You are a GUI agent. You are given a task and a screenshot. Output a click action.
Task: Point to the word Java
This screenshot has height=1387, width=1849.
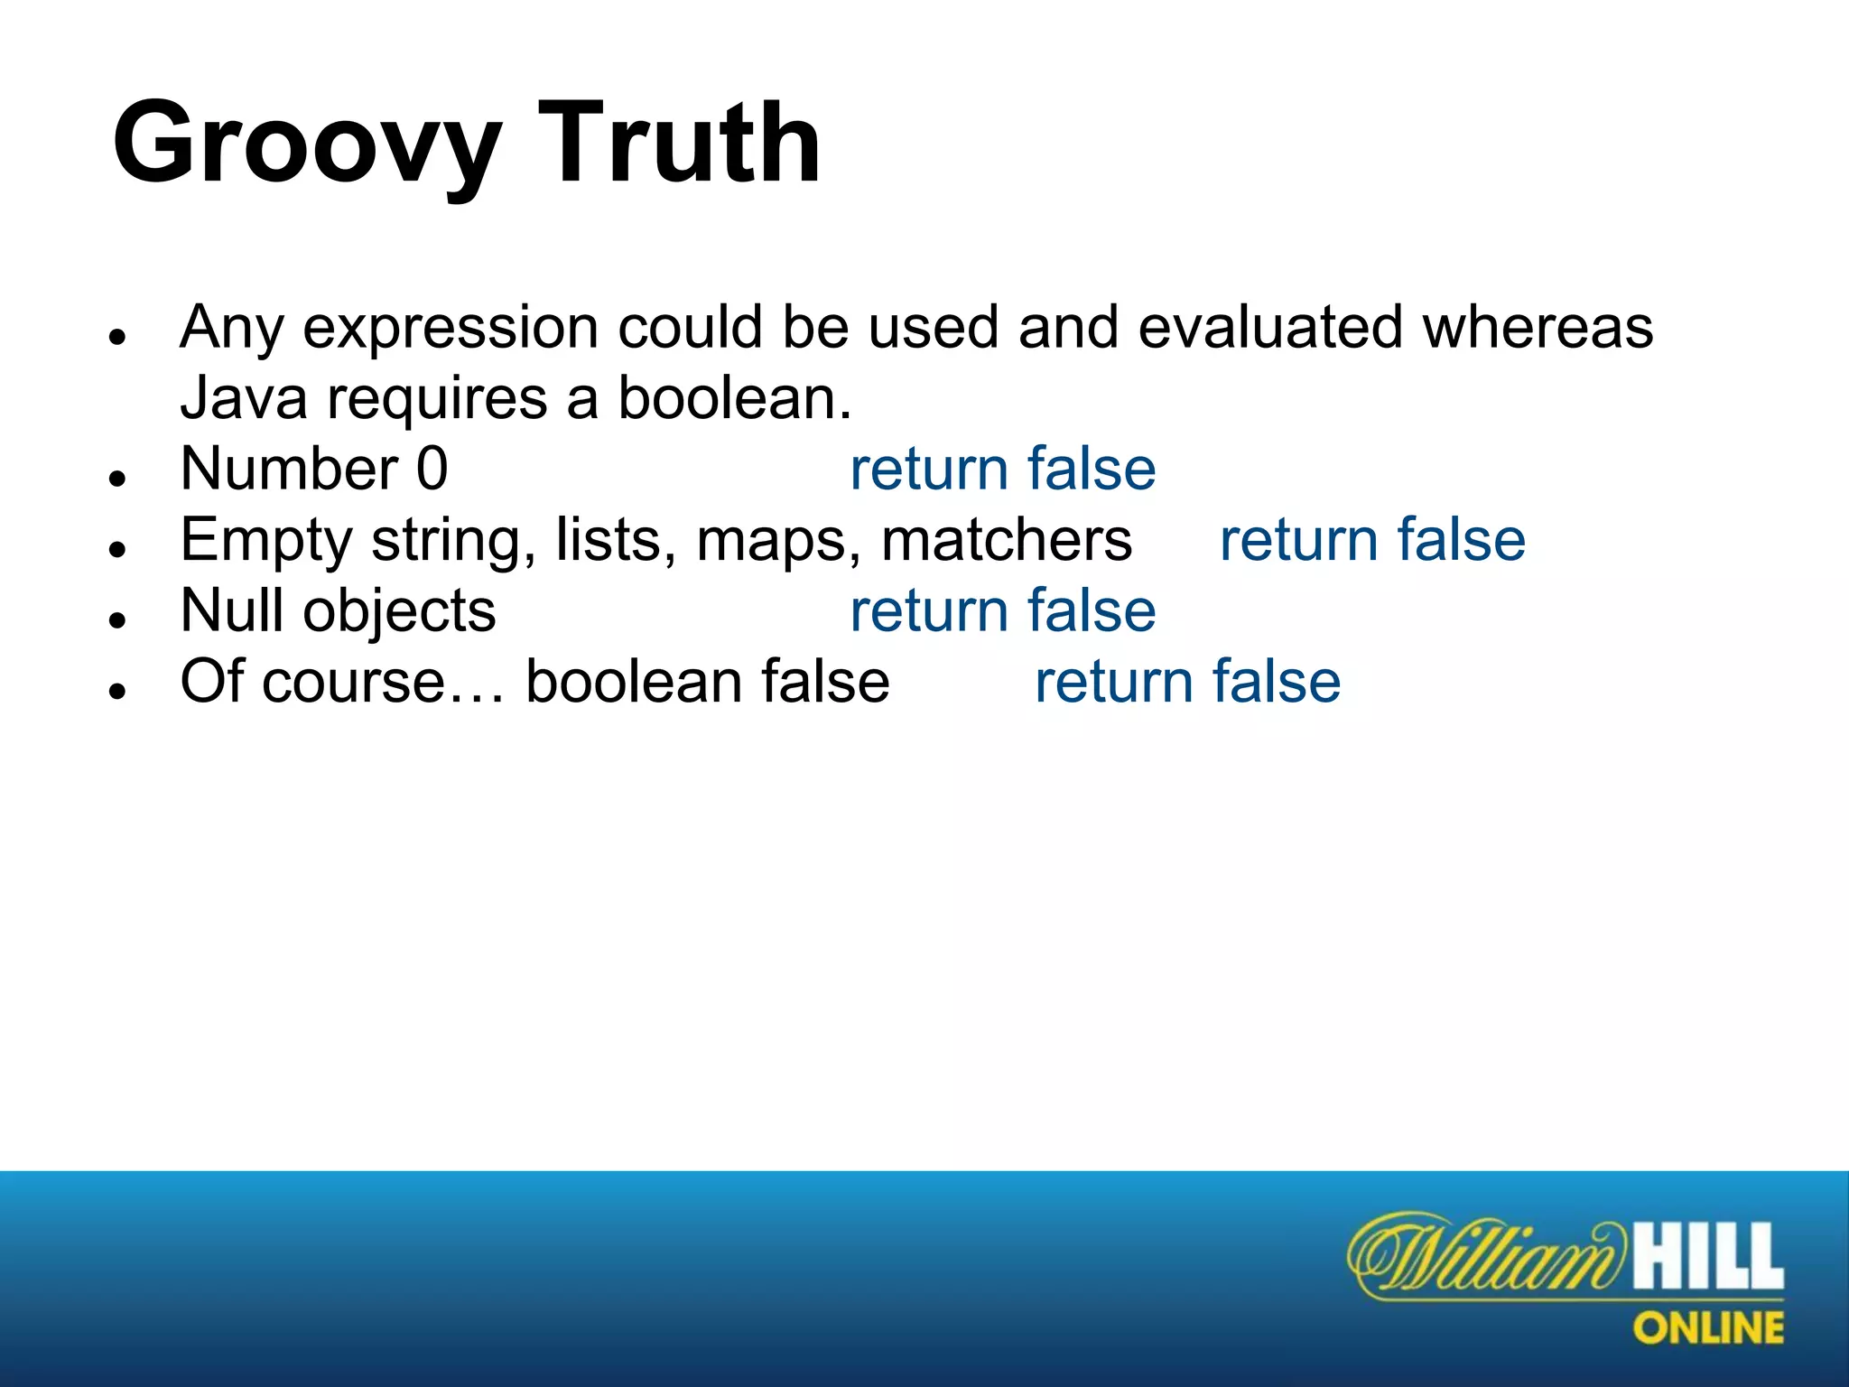tap(243, 398)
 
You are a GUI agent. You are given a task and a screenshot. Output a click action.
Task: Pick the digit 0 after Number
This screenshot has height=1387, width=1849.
tap(432, 470)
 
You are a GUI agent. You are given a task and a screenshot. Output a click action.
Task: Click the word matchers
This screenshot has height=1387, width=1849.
tap(1006, 540)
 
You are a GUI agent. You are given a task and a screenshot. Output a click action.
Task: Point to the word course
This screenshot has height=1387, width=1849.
tap(358, 682)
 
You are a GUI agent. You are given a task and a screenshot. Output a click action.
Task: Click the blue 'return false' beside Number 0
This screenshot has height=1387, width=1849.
tap(1002, 470)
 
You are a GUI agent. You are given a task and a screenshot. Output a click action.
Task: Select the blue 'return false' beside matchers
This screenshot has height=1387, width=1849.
tap(1372, 540)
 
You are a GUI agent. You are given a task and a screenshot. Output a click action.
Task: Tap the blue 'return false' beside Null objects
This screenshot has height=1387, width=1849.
tap(1002, 611)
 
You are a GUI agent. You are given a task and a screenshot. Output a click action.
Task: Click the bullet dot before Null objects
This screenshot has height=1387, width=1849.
tap(116, 620)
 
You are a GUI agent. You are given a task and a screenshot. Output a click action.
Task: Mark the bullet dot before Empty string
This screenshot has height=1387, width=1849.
tap(116, 549)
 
